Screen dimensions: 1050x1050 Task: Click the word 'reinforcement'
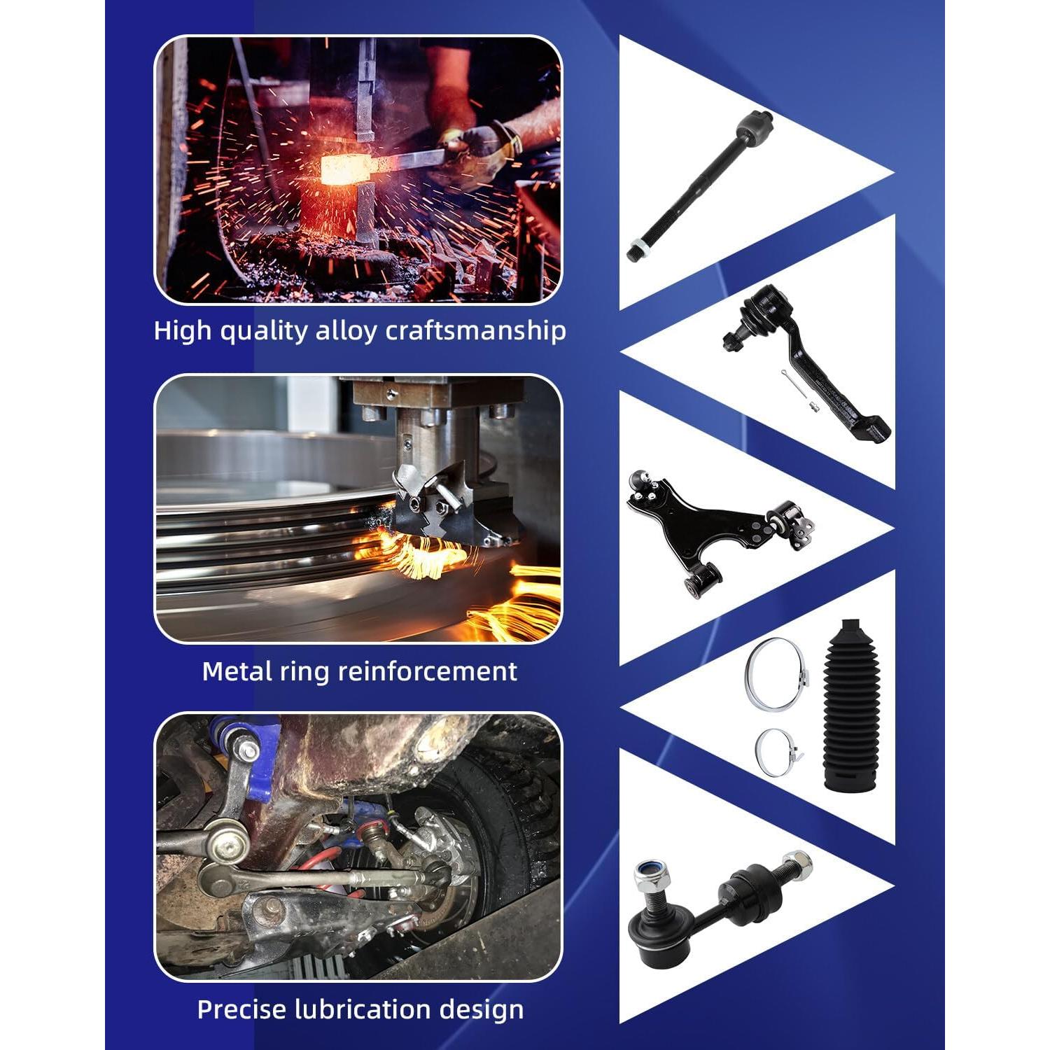(x=428, y=671)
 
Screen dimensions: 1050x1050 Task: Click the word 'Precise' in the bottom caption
(x=242, y=1009)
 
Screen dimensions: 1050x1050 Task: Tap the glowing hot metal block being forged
(x=345, y=170)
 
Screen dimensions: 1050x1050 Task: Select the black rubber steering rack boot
(x=848, y=706)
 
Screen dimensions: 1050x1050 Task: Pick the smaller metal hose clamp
(x=778, y=752)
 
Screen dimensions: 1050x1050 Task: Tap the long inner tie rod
(x=700, y=185)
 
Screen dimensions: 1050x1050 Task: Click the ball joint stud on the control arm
(x=639, y=482)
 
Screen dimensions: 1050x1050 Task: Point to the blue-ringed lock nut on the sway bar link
(x=647, y=875)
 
